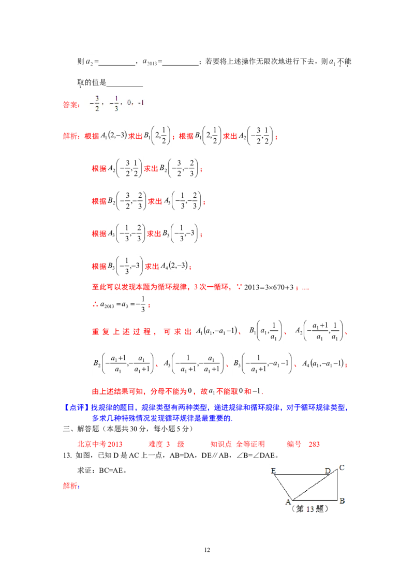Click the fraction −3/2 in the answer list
(96, 103)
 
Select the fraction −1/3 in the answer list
(116, 103)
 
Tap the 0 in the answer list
(129, 103)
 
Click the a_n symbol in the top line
(89, 62)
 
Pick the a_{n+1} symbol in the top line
(150, 62)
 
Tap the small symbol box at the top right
(332, 62)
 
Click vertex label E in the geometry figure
(273, 471)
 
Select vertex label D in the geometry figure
(327, 471)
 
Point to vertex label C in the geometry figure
(342, 468)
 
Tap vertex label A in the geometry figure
(288, 501)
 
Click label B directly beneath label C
(342, 501)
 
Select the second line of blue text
(163, 419)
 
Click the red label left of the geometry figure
(70, 486)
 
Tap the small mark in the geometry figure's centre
(308, 488)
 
